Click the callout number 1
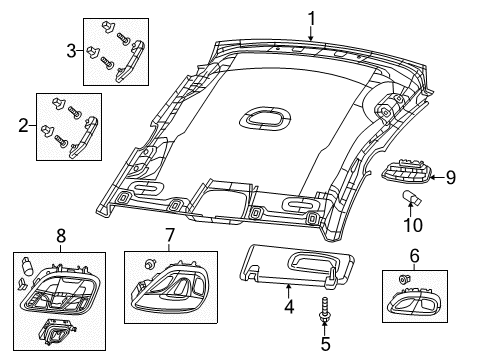pyautogui.click(x=311, y=17)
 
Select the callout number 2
pyautogui.click(x=23, y=127)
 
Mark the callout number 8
pyautogui.click(x=62, y=236)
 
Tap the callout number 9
pyautogui.click(x=450, y=178)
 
